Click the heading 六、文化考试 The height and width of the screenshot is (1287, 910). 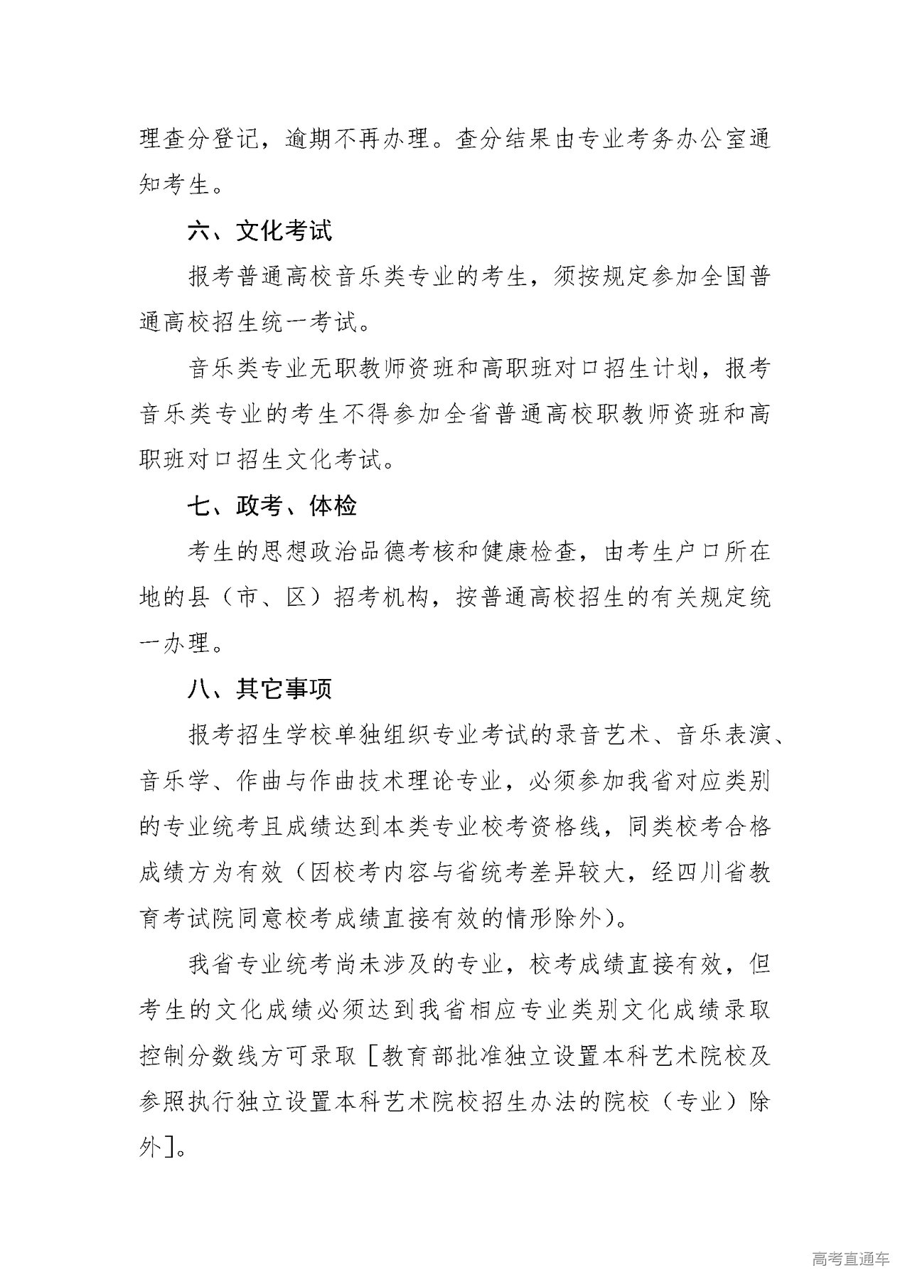(259, 231)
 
